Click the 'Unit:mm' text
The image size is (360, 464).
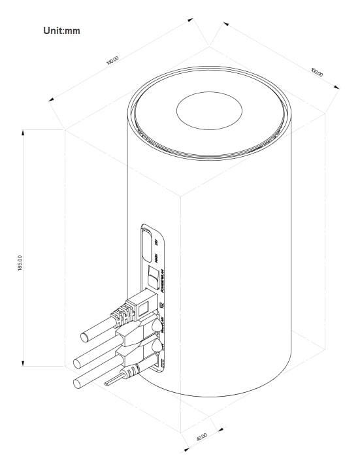(61, 30)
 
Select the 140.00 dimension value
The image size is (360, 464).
(112, 60)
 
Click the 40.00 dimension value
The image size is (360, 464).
(202, 436)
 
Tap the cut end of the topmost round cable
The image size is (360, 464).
(85, 337)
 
